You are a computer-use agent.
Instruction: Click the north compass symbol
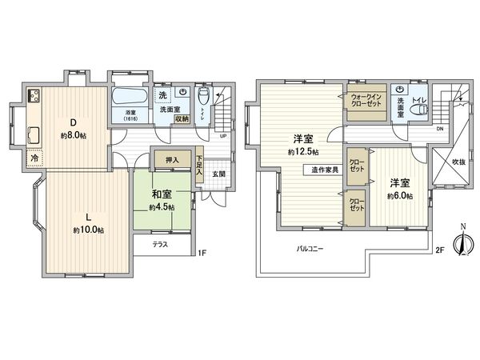click(x=460, y=244)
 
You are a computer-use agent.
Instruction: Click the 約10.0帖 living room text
click(x=88, y=230)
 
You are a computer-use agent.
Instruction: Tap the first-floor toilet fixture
click(x=203, y=98)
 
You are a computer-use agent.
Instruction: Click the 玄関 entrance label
click(x=218, y=174)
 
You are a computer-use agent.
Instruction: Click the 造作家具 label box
click(x=326, y=170)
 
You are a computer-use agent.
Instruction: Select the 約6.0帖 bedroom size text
click(x=400, y=196)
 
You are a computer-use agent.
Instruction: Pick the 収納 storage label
click(x=182, y=118)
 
